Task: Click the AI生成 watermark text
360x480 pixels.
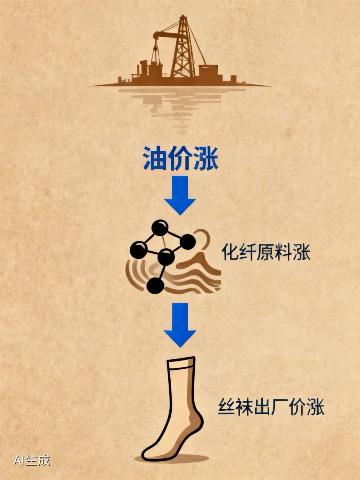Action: (x=32, y=460)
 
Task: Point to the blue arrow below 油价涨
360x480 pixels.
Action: (x=180, y=194)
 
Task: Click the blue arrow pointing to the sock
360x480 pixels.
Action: (x=180, y=324)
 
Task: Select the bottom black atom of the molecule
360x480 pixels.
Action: (x=155, y=286)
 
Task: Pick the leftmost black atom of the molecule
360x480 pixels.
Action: (x=138, y=250)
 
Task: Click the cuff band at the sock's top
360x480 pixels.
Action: (x=181, y=363)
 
